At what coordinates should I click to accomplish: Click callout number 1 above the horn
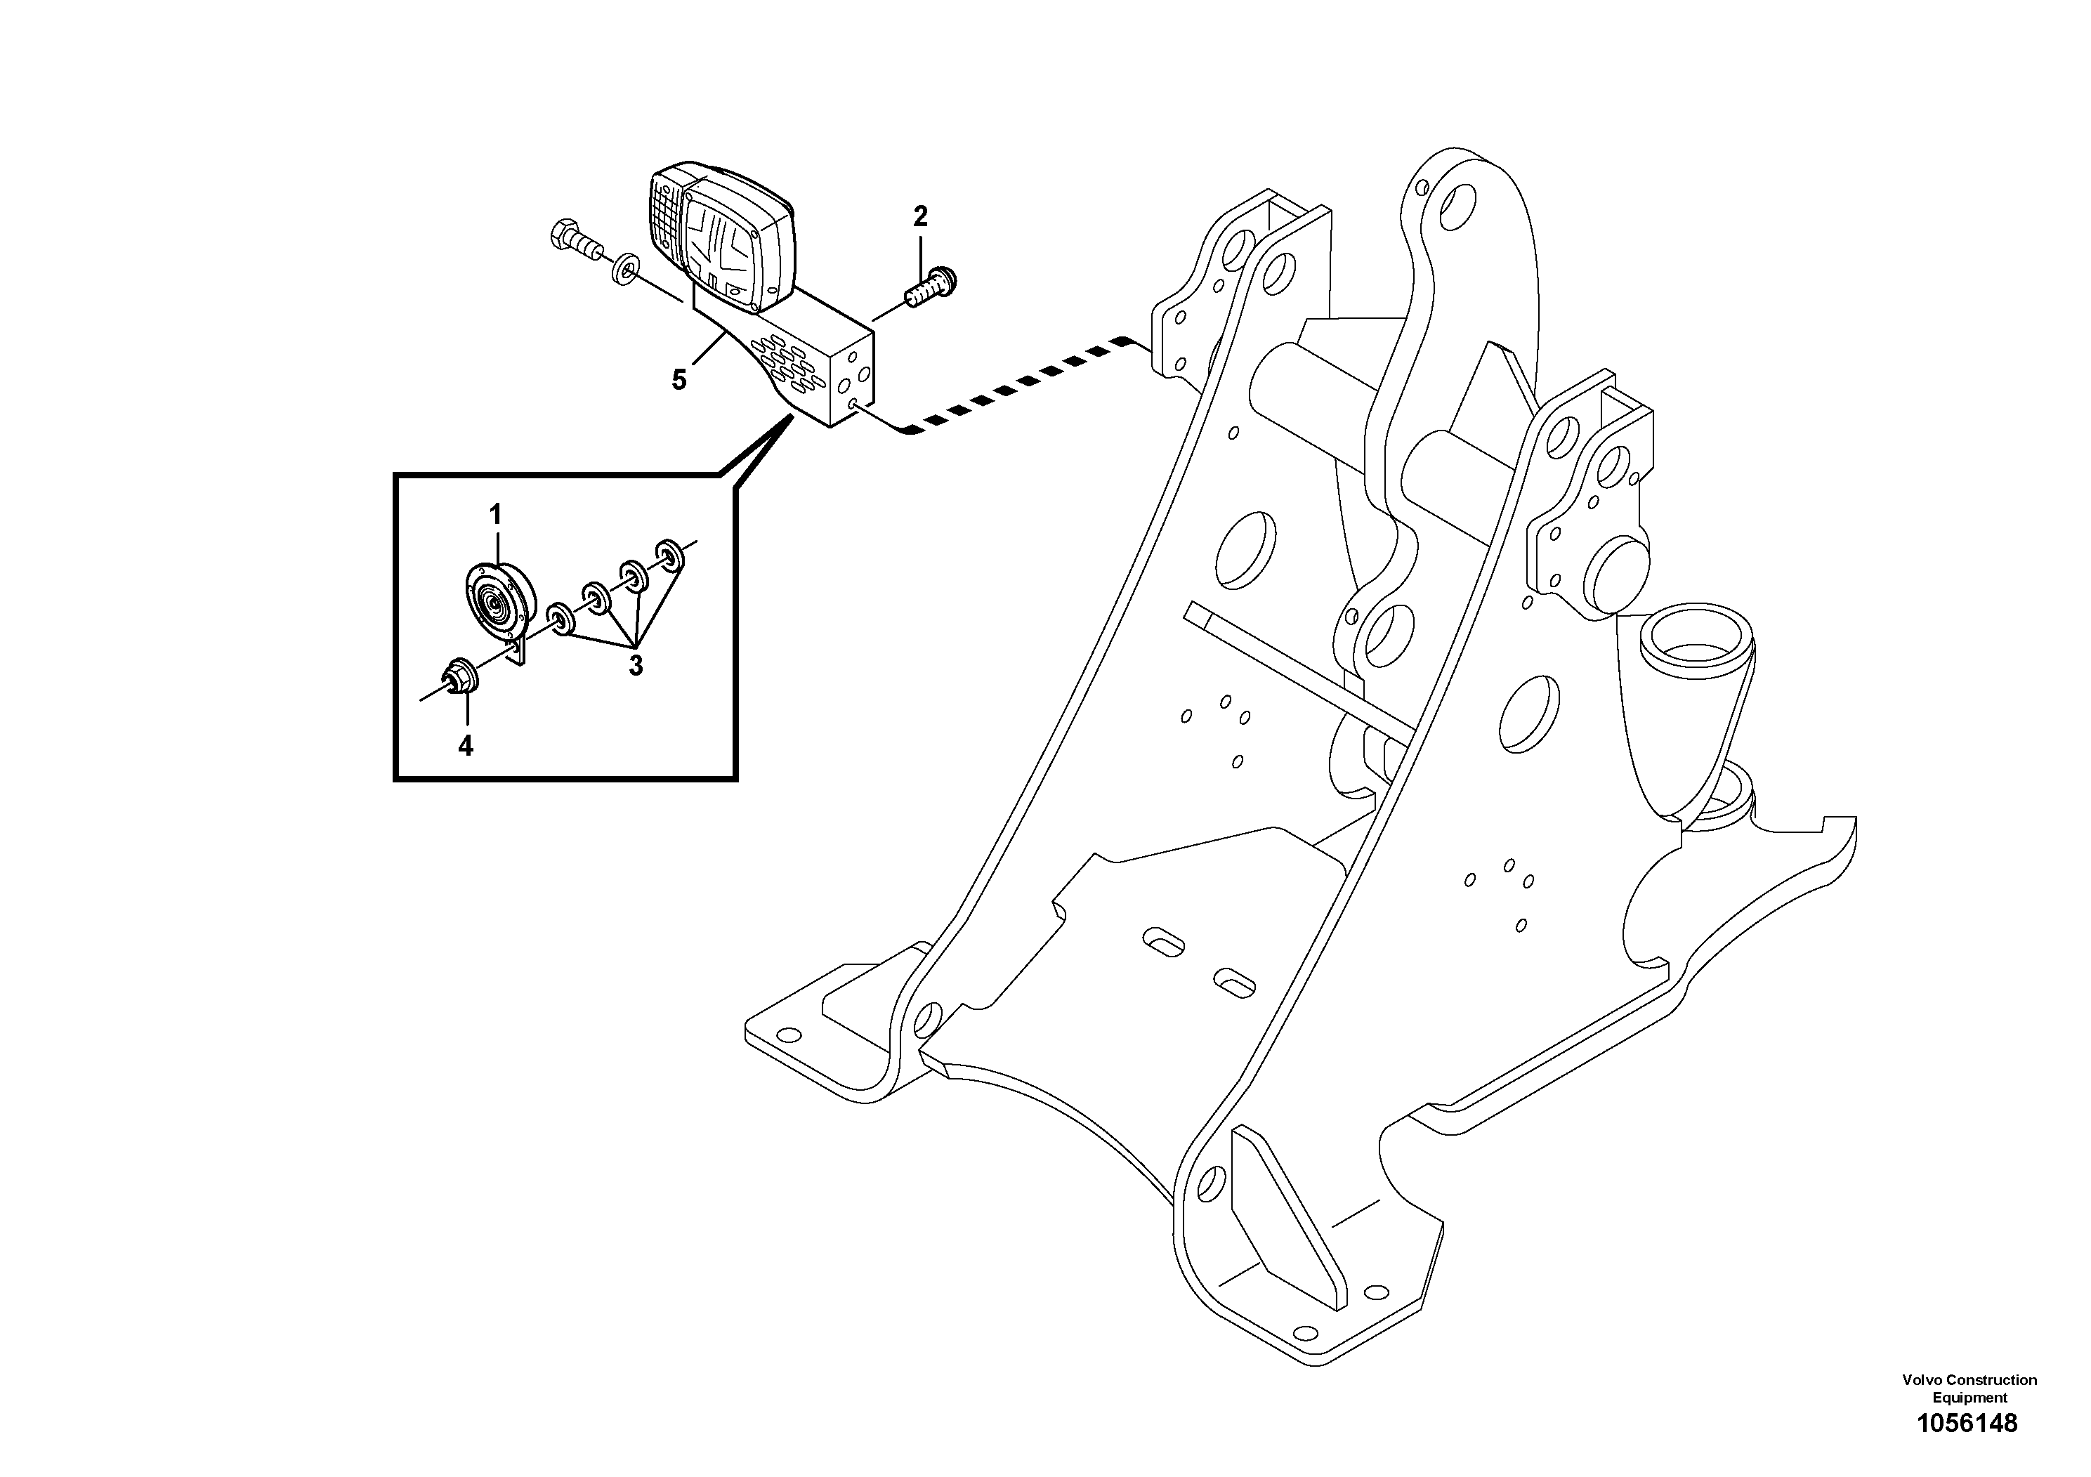tap(495, 516)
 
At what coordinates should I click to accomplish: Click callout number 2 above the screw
tap(920, 217)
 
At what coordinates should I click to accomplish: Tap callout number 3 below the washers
tap(636, 666)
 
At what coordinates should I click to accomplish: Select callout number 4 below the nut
tap(466, 746)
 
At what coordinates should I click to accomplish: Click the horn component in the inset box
tap(500, 605)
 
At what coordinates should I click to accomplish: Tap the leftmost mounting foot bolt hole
tap(790, 1035)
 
